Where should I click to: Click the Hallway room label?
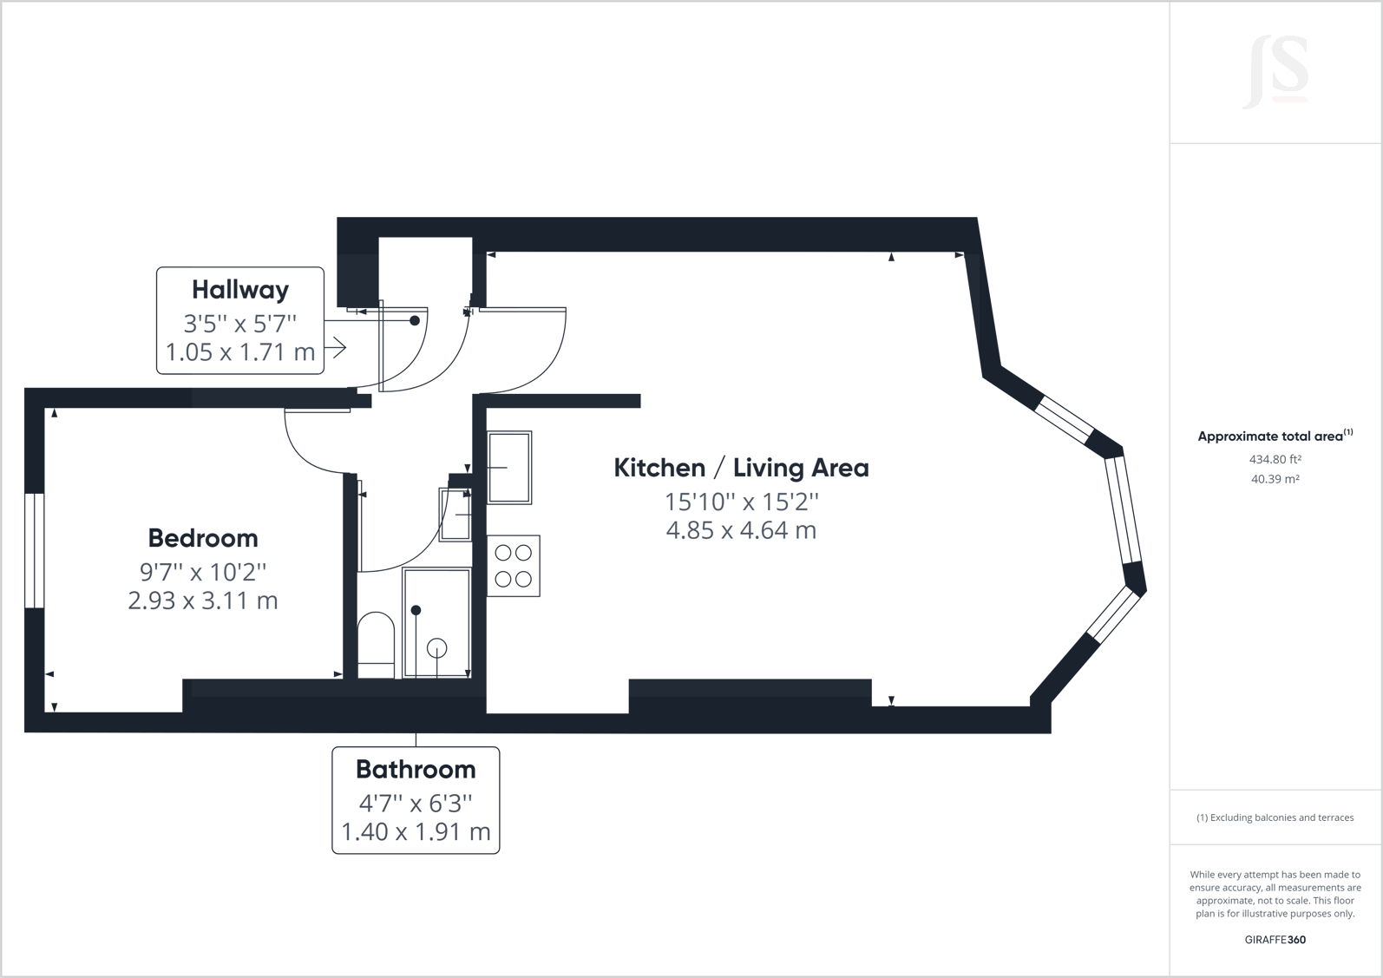[x=239, y=289]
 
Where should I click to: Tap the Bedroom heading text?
[x=203, y=538]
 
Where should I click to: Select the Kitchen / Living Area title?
[x=741, y=468]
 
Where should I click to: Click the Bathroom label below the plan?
[x=416, y=769]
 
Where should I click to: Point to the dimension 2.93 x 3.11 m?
[x=203, y=601]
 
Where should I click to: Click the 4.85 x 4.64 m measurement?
[x=741, y=530]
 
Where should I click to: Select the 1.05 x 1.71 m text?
[x=239, y=352]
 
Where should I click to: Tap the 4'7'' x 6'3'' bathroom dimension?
[x=416, y=804]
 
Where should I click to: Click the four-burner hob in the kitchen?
[x=514, y=566]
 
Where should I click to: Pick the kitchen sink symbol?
[x=509, y=468]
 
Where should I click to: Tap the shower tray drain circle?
[x=436, y=647]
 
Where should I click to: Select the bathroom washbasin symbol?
[x=455, y=515]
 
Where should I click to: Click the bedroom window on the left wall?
[x=34, y=550]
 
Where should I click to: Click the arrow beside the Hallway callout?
[x=337, y=348]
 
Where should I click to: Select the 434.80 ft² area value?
[x=1275, y=460]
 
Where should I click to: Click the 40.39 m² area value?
[x=1275, y=479]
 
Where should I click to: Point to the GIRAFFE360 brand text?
[x=1275, y=940]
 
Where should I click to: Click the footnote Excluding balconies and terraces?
[x=1275, y=817]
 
